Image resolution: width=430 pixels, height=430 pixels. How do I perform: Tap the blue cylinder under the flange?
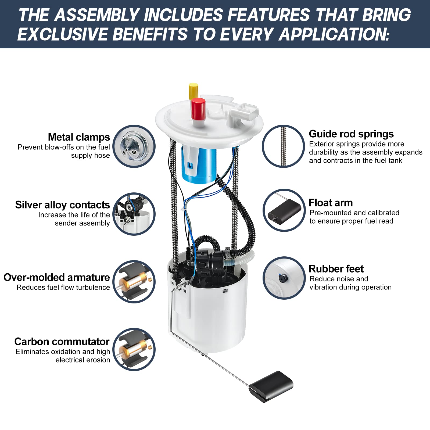pos(199,164)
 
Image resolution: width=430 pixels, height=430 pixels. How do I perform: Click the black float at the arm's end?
pos(271,386)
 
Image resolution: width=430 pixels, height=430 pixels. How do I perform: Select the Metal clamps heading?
pos(79,137)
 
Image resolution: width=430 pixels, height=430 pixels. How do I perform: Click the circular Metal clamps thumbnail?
pos(134,146)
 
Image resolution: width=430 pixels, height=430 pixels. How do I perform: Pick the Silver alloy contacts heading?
pos(62,205)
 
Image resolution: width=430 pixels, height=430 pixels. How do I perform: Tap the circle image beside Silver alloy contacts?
pos(134,214)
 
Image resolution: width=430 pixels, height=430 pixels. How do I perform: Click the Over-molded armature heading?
pos(57,277)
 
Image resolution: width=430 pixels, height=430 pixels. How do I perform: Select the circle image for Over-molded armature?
pos(134,282)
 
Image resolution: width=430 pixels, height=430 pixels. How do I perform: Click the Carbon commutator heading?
pos(62,342)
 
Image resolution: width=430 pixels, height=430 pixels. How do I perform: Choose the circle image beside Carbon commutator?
pos(134,350)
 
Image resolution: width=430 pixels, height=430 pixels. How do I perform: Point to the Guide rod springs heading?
pos(351,134)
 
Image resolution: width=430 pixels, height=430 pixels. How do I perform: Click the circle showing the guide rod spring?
pos(283,146)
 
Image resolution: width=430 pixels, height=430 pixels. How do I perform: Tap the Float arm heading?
pos(330,203)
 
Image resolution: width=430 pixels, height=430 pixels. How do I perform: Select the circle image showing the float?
pos(284,210)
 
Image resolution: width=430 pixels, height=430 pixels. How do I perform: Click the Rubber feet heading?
pos(336,269)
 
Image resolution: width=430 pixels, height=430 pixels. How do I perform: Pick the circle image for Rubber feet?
pos(284,278)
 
